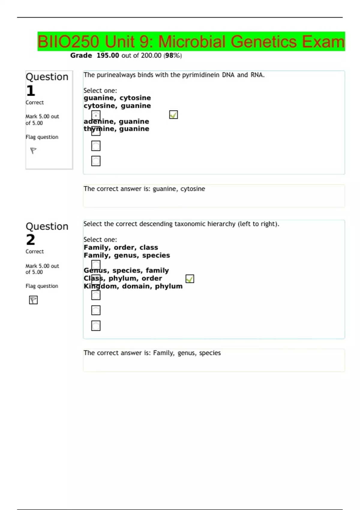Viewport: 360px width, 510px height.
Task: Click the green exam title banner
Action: click(191, 41)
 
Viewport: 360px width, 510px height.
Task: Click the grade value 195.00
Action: click(108, 55)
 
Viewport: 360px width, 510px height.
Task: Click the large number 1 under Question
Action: click(31, 91)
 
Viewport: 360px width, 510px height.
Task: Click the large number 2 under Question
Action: click(31, 240)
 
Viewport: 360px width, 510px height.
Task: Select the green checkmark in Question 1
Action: click(173, 115)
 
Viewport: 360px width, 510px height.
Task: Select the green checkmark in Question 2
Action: click(190, 279)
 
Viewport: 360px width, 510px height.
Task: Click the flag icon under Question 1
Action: click(33, 150)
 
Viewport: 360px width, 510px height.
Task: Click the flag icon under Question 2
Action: click(33, 300)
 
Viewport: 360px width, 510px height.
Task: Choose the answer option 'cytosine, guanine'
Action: click(117, 106)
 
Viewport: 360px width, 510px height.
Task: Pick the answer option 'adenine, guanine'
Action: click(116, 121)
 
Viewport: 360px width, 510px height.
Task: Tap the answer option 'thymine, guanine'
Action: click(116, 129)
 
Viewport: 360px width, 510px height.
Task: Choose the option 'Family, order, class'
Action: click(121, 247)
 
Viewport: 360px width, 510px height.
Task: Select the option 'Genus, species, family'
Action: click(126, 271)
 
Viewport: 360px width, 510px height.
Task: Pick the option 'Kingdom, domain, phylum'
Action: click(133, 286)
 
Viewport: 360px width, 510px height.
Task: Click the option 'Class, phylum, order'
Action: click(123, 278)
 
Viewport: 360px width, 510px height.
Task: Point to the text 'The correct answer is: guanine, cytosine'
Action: click(144, 189)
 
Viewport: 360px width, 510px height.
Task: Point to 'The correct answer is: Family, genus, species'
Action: click(152, 353)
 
